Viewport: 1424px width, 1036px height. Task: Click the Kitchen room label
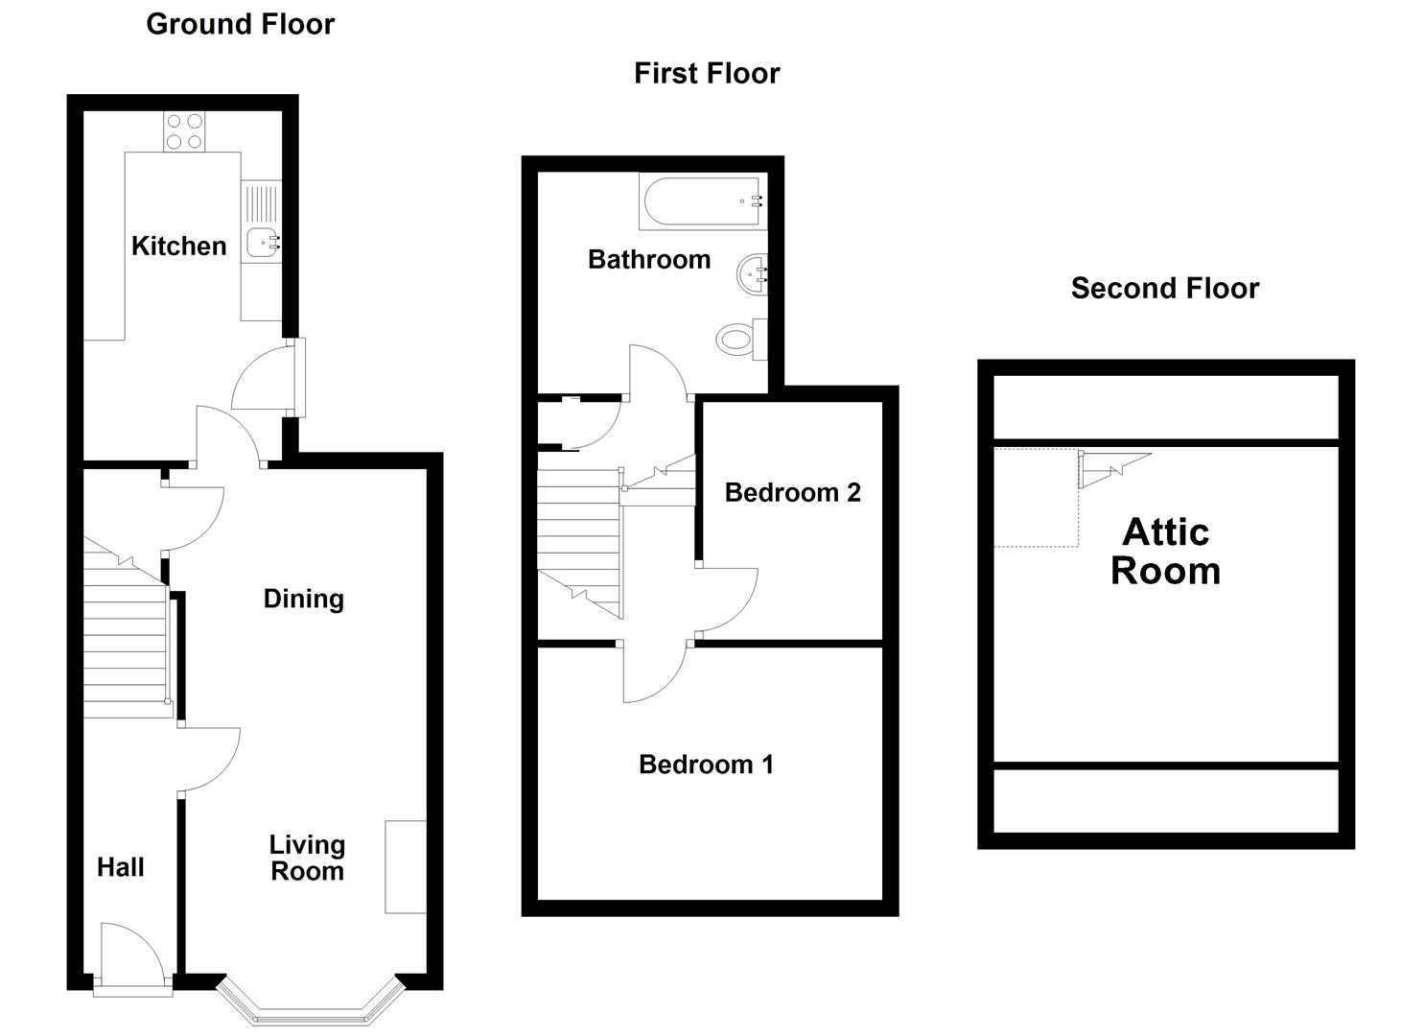tap(178, 247)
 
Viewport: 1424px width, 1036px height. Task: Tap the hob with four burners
tap(184, 131)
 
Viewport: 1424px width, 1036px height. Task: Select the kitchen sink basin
tap(262, 243)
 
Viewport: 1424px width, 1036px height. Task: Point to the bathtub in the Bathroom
tap(703, 201)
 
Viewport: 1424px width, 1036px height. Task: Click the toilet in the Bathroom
tap(741, 339)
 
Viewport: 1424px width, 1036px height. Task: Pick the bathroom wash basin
tap(752, 275)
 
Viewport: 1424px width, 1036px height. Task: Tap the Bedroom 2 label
tap(793, 492)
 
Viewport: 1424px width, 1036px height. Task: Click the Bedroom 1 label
tap(707, 765)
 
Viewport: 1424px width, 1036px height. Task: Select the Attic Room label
tap(1165, 552)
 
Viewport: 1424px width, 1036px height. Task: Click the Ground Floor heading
tap(241, 24)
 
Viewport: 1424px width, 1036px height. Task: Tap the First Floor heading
tap(707, 73)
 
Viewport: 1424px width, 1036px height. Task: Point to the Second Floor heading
tap(1165, 288)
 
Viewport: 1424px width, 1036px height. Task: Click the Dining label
tap(304, 600)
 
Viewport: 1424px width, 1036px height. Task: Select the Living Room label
tap(308, 858)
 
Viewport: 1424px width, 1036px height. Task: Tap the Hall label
tap(120, 867)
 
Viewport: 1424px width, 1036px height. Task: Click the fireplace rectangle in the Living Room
tap(405, 867)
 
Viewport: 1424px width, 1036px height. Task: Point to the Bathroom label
tap(649, 259)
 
